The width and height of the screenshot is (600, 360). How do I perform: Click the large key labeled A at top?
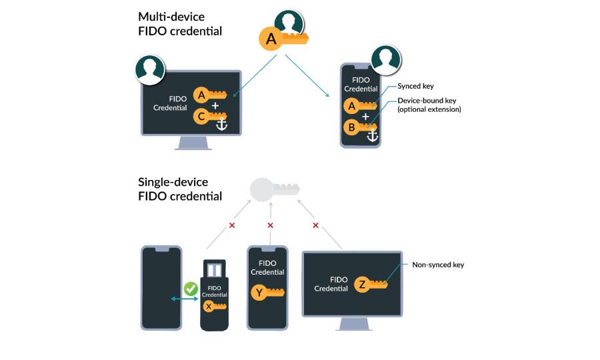coord(283,39)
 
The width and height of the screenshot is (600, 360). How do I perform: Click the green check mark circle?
coord(191,289)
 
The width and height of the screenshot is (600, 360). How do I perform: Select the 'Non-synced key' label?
coord(437,265)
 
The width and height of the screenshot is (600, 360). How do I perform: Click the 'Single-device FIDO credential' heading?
coord(180,189)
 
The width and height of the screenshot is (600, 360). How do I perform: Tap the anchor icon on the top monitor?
coord(221,124)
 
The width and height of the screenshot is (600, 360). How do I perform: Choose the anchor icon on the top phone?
coord(373,135)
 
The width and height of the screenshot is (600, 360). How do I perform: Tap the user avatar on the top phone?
coord(386,61)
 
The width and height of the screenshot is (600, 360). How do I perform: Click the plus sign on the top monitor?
coord(215,106)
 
